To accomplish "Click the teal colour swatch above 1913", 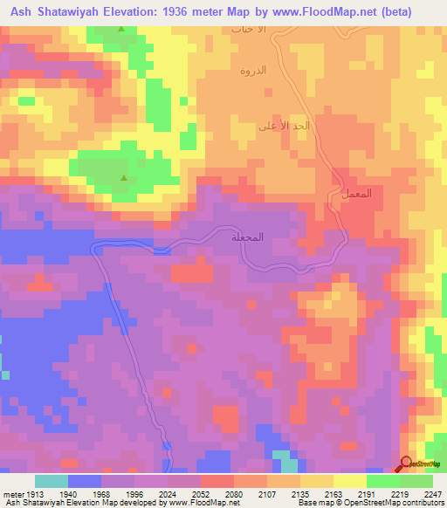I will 52,481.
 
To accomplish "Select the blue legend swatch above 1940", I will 85,481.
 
